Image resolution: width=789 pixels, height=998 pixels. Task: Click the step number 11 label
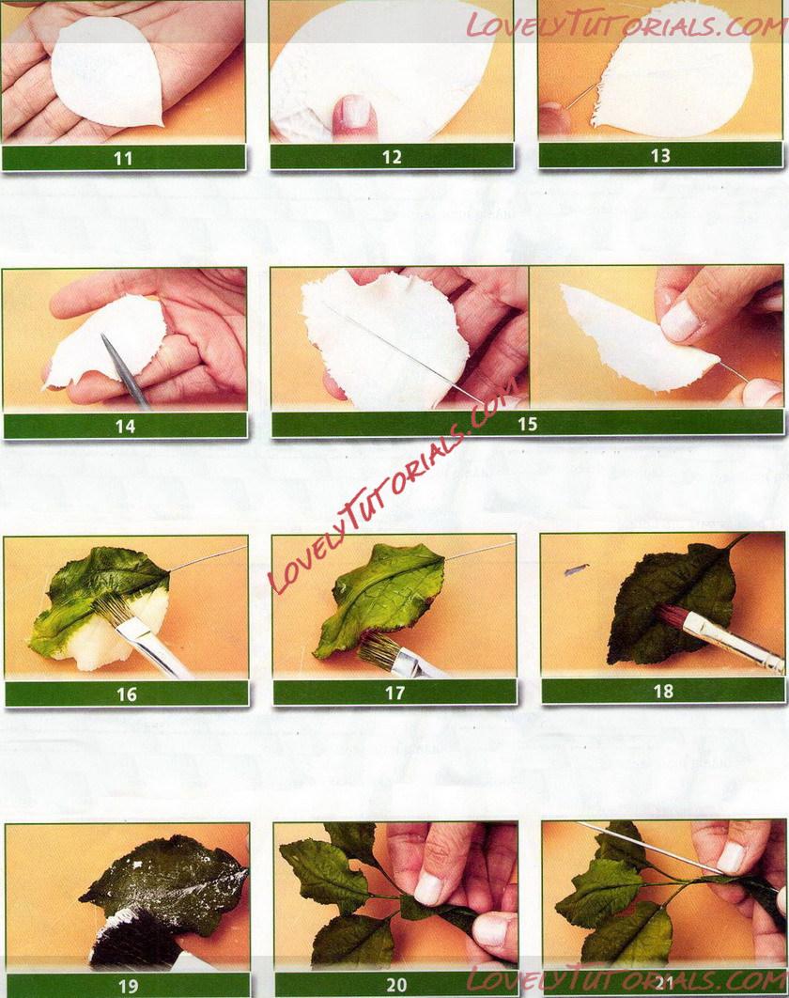point(123,158)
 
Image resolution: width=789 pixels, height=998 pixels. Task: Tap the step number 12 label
point(392,157)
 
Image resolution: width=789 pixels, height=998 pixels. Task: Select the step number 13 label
point(660,156)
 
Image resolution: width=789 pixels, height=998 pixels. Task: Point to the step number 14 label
point(125,426)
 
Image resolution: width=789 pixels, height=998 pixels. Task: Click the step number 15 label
point(528,424)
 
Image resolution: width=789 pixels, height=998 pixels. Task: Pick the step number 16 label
point(127,694)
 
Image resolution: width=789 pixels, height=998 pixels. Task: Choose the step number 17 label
point(395,693)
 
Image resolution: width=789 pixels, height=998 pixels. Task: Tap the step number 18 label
point(664,692)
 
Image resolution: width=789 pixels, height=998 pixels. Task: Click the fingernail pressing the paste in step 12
point(354,113)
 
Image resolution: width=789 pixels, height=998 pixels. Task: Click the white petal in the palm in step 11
point(107,71)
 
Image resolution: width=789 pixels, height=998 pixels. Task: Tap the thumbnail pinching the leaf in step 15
point(679,320)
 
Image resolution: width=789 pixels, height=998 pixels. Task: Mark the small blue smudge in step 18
point(576,569)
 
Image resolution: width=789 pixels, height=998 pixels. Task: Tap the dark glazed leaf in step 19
point(166,882)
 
